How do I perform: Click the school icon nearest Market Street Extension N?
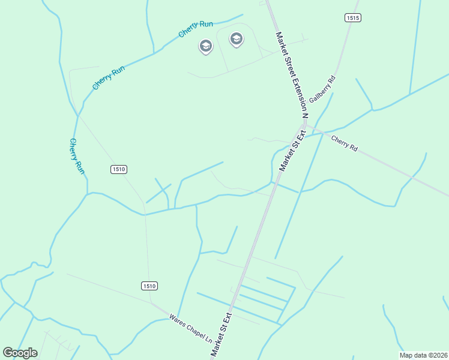[237, 40]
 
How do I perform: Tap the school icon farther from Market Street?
[206, 46]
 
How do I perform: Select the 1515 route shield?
[352, 18]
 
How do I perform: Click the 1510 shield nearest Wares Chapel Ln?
[150, 286]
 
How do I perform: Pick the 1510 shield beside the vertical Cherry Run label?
[119, 170]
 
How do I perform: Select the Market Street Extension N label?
[291, 73]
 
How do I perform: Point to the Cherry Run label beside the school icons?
[196, 29]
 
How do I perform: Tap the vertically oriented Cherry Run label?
[77, 156]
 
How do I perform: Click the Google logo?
[20, 353]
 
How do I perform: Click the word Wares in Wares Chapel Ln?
[176, 319]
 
